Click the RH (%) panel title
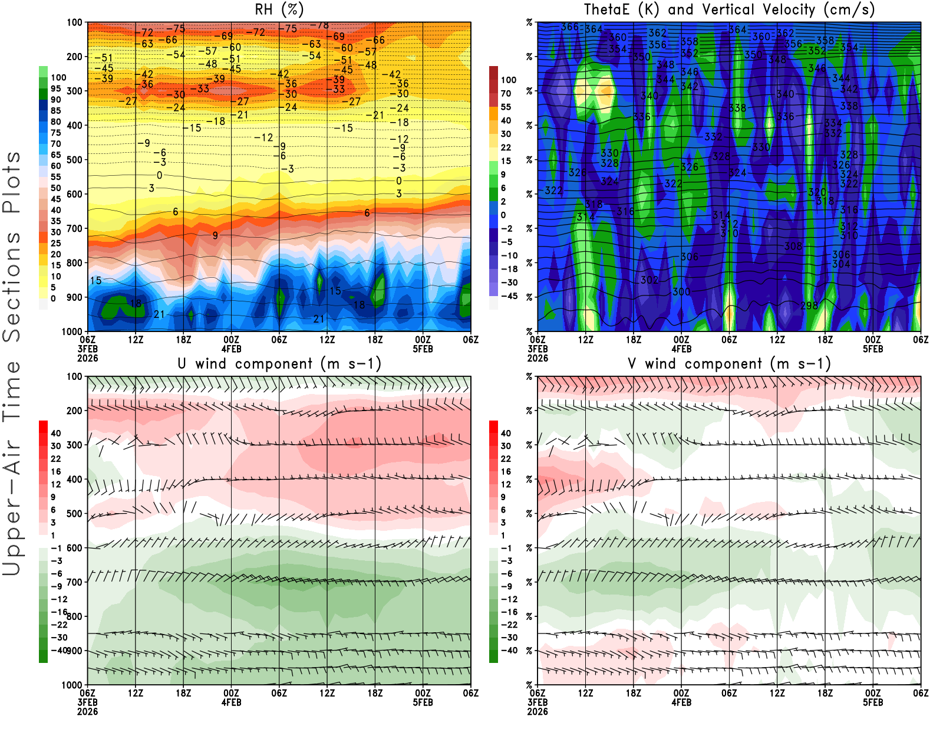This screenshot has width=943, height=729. click(279, 9)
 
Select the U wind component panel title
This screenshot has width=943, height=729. click(279, 363)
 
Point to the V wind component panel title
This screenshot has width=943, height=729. click(729, 363)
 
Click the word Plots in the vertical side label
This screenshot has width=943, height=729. click(12, 182)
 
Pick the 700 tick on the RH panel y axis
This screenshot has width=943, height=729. click(75, 228)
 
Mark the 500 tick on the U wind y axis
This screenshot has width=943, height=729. click(75, 514)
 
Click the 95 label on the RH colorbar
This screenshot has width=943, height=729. click(56, 88)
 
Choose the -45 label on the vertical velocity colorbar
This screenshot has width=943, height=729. click(509, 296)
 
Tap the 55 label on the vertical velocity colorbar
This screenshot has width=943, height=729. click(506, 107)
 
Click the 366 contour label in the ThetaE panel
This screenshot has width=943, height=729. click(569, 27)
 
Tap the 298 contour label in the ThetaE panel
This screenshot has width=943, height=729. click(809, 306)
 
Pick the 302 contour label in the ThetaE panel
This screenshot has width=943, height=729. click(649, 280)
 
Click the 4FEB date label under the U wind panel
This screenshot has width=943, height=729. click(231, 702)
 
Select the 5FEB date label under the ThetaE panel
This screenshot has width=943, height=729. click(873, 349)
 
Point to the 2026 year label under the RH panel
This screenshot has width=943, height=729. click(88, 358)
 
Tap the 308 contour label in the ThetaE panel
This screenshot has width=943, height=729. click(793, 246)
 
